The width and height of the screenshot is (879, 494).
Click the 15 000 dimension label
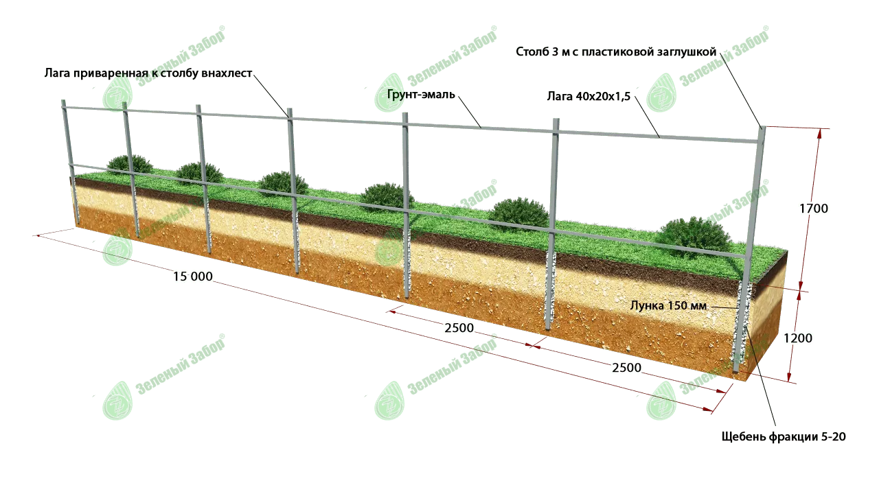pos(193,277)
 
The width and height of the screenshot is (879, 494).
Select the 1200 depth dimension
pos(797,338)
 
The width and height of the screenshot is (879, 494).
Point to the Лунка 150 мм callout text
pos(668,306)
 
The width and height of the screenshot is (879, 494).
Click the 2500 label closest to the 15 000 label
pos(459,328)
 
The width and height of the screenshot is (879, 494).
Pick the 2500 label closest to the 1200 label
pos(626,368)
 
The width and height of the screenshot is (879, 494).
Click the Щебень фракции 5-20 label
pos(783,436)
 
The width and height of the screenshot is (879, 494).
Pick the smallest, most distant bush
pos(130,163)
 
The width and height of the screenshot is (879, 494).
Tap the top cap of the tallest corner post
pos(762,128)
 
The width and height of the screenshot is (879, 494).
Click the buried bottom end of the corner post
pos(737,370)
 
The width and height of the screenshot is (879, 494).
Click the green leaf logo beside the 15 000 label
pos(117,250)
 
